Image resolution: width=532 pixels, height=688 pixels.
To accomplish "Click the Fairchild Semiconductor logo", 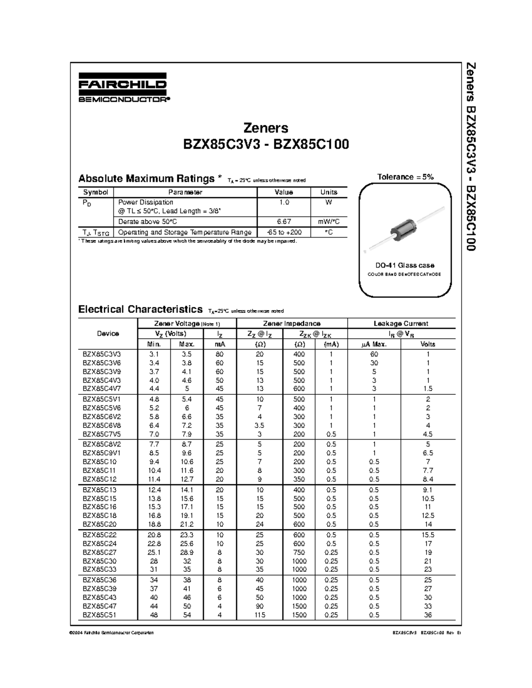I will click(123, 87).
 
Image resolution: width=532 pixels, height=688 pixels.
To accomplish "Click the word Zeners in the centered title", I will click(266, 128).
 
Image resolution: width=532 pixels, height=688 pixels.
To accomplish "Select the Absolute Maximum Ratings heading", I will click(146, 179).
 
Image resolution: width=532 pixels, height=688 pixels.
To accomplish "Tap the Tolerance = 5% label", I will click(405, 177).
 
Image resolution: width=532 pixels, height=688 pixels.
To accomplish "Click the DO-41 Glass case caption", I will click(405, 265).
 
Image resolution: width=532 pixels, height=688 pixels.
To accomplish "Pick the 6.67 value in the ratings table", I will click(284, 222).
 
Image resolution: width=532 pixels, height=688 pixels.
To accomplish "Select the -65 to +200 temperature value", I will click(284, 232).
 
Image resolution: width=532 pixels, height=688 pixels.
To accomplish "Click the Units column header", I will click(329, 192).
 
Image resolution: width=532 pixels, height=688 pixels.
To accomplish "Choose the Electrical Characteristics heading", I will click(140, 309).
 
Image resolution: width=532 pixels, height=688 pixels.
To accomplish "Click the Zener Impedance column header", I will click(291, 323).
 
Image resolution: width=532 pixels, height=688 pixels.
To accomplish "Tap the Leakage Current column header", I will click(401, 323).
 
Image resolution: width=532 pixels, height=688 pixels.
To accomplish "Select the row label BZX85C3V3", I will click(102, 354).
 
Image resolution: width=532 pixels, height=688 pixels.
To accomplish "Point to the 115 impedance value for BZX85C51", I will click(260, 615).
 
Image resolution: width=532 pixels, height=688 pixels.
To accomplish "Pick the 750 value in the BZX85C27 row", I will click(299, 552).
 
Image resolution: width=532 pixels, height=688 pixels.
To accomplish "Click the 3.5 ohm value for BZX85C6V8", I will click(260, 425).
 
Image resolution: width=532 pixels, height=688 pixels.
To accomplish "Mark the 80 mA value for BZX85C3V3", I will click(219, 354).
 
